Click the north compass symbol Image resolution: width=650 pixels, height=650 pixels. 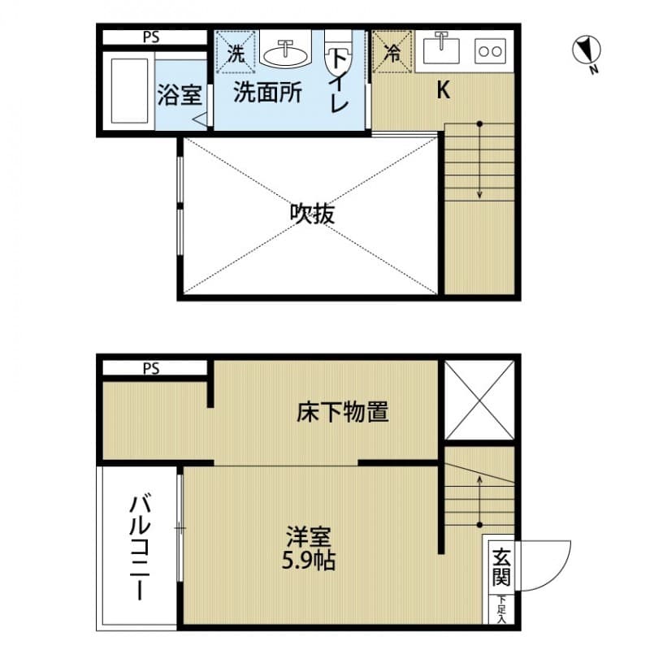(583, 51)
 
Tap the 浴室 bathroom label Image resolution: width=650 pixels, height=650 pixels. (179, 95)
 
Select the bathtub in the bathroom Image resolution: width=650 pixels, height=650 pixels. (128, 90)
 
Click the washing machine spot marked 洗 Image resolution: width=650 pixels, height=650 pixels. (236, 54)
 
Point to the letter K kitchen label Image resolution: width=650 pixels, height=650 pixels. (443, 90)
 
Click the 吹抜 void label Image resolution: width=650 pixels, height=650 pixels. (312, 214)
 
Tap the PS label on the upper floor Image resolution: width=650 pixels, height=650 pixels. (151, 37)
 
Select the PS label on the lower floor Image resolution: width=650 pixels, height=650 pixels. (151, 368)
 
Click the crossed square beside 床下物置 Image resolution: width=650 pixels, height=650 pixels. (480, 401)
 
